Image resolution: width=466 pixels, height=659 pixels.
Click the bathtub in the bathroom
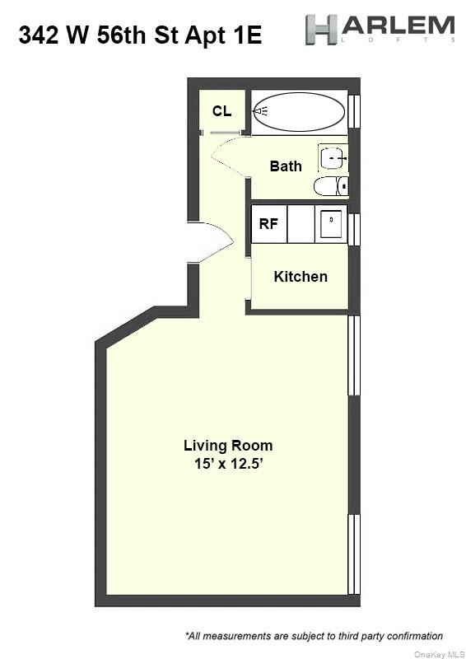click(298, 112)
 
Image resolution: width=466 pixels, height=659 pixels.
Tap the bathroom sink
click(332, 157)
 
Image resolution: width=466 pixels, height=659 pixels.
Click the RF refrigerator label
click(268, 223)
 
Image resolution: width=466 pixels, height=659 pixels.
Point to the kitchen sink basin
click(330, 223)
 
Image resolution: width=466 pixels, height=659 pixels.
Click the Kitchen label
click(301, 277)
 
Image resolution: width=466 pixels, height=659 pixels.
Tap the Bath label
click(286, 166)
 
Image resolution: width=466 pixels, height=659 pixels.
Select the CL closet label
click(221, 111)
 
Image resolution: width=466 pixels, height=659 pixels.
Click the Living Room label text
click(228, 445)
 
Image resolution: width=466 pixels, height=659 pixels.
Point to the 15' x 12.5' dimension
click(228, 464)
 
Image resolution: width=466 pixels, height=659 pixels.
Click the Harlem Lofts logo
click(380, 29)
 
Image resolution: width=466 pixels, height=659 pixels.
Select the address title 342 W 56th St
click(140, 35)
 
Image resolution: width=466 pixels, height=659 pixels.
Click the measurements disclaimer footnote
click(314, 636)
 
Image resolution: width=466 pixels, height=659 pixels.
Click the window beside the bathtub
click(354, 112)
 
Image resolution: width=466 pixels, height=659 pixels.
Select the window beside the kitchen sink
click(354, 229)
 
